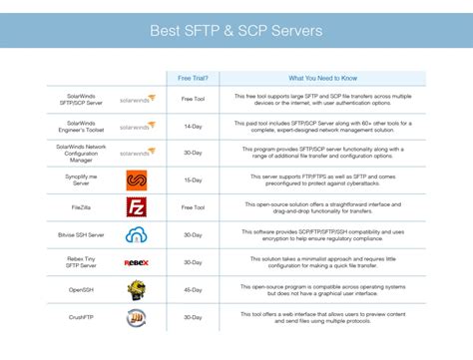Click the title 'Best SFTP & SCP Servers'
coord(236,31)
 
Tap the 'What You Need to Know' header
coord(323,78)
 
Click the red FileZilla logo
coord(137,207)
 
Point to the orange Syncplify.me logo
coord(137,180)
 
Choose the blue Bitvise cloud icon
coord(137,235)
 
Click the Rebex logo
coord(137,263)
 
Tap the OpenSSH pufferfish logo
coord(137,290)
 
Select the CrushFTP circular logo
coord(137,318)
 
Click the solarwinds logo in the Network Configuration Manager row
coord(137,154)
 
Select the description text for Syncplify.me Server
coord(323,180)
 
